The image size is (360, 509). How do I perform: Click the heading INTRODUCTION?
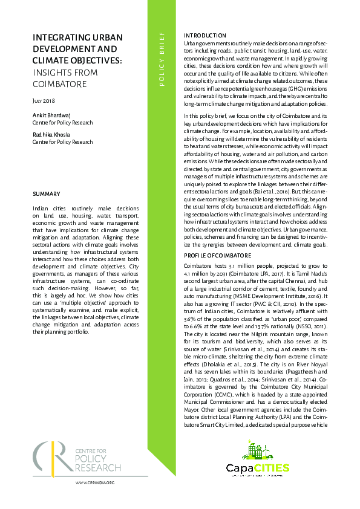click(205, 36)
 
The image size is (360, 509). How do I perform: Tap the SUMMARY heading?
click(47, 194)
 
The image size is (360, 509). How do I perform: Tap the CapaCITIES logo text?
click(258, 467)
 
